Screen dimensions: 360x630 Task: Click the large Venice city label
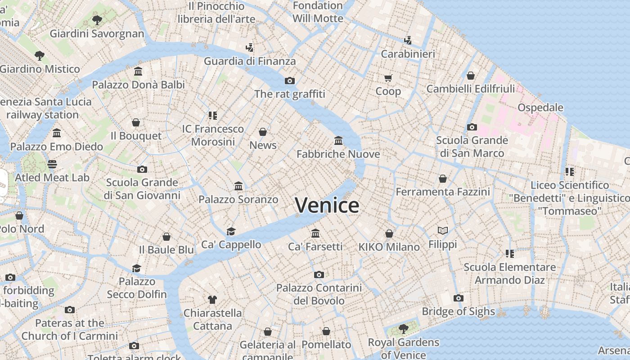click(x=327, y=205)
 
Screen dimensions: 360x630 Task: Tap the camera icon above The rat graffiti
click(x=290, y=81)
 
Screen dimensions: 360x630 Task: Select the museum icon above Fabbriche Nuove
click(x=338, y=141)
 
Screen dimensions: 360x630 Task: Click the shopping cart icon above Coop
click(x=388, y=78)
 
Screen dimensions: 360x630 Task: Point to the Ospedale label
click(x=540, y=108)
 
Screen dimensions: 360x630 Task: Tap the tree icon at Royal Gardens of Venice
click(x=403, y=329)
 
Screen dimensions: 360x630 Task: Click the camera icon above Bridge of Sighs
click(x=459, y=298)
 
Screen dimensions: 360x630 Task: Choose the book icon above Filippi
click(x=443, y=231)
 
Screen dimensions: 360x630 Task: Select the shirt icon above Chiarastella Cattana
click(x=212, y=299)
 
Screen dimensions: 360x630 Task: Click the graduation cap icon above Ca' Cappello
click(x=231, y=231)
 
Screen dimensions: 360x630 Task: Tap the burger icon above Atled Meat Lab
click(x=52, y=164)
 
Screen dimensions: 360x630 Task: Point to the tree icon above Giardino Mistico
click(x=40, y=56)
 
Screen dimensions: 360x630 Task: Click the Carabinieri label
click(x=408, y=54)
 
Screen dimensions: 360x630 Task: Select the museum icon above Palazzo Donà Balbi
click(x=138, y=72)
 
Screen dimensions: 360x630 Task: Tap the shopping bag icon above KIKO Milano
click(x=389, y=234)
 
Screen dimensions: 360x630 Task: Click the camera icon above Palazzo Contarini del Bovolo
click(x=319, y=274)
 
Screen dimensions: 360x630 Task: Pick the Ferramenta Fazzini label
click(x=443, y=192)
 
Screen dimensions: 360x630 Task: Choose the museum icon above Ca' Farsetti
click(x=315, y=233)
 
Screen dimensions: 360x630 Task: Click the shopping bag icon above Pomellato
click(x=326, y=332)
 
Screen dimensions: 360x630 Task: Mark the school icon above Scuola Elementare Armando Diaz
click(x=510, y=254)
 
